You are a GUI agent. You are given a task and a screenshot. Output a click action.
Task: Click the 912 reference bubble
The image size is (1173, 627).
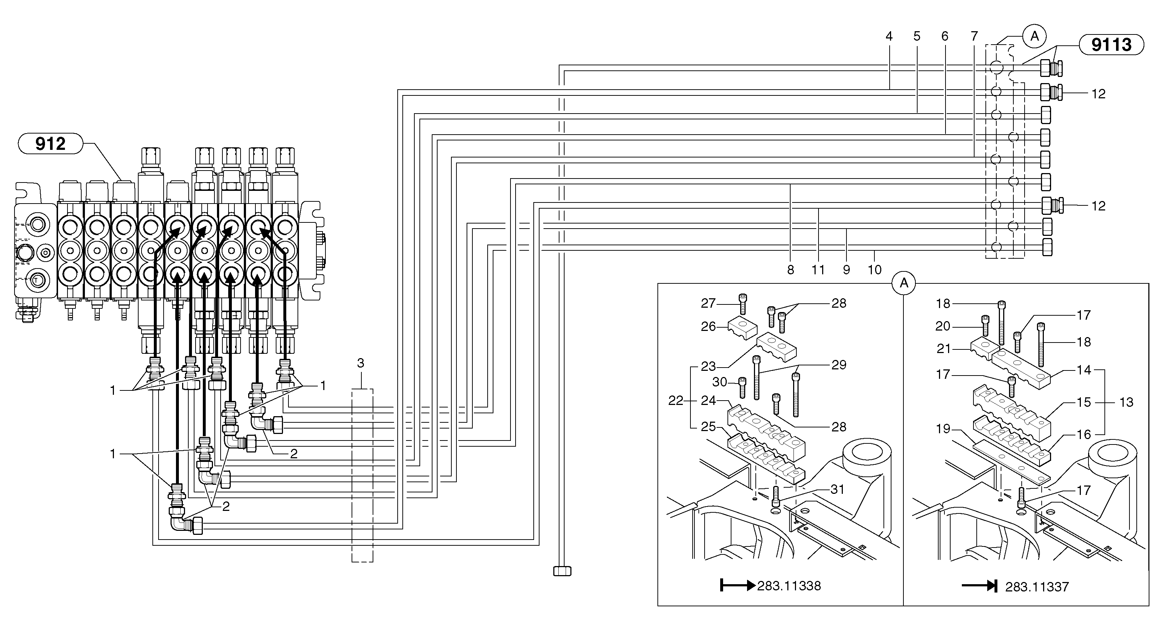click(50, 144)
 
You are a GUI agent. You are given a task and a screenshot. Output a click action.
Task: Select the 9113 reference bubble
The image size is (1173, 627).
click(1111, 45)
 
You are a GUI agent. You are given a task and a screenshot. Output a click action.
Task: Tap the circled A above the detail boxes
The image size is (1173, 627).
click(904, 283)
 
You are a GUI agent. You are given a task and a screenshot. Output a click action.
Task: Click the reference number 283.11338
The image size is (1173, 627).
click(789, 586)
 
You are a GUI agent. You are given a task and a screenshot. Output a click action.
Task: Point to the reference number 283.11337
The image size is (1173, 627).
click(1037, 587)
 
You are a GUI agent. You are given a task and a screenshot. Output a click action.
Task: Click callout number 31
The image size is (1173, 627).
click(837, 489)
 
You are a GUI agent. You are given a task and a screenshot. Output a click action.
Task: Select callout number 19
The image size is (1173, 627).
click(943, 429)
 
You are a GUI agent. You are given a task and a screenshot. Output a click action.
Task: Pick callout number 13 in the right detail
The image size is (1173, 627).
click(1126, 402)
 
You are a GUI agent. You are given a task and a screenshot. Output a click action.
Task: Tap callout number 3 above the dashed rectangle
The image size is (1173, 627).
click(361, 363)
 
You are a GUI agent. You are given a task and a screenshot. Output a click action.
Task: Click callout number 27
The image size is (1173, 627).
click(708, 303)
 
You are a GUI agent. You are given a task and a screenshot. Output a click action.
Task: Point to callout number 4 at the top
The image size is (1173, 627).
click(889, 36)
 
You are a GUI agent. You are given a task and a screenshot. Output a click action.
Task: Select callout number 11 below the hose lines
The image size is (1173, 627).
click(818, 270)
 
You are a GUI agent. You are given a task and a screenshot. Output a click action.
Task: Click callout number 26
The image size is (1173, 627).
click(708, 327)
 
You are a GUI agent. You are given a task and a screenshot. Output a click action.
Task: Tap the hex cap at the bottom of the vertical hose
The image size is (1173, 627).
click(562, 571)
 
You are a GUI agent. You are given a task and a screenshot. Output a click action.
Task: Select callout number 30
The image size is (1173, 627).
click(719, 382)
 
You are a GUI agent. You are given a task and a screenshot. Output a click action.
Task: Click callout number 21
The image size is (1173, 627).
click(943, 349)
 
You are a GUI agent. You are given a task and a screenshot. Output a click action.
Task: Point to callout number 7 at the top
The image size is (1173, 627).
click(974, 36)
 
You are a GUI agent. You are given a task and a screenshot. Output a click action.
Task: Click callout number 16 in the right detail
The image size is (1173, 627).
click(1084, 434)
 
